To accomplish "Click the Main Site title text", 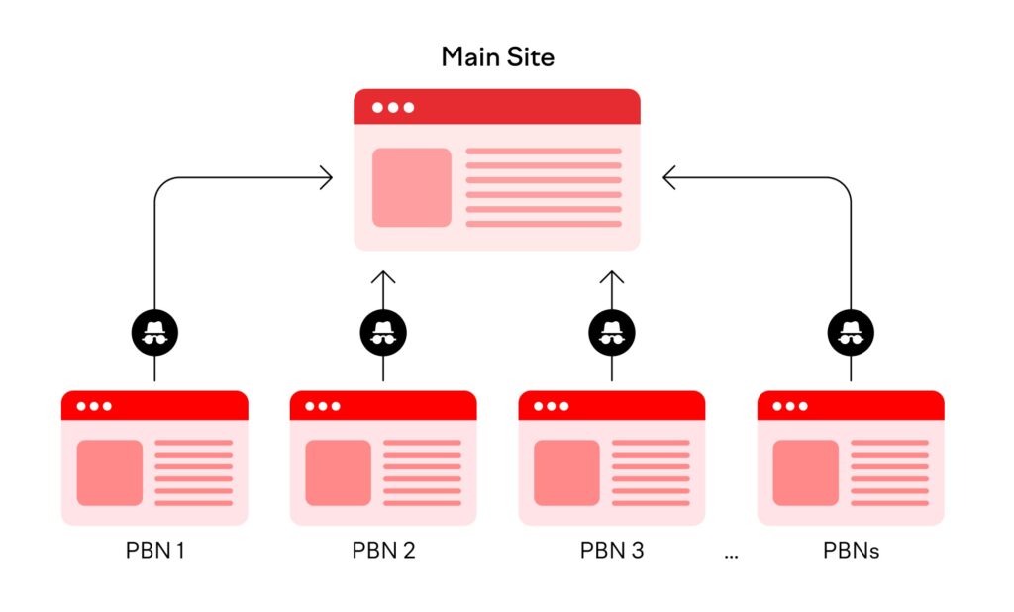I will (x=497, y=56).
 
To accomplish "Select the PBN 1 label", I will (x=154, y=550).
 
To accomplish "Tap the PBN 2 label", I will (x=383, y=550).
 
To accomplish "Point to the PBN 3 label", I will (x=612, y=550).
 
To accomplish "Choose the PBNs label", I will (x=851, y=550).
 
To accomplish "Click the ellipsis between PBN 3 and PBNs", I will (x=731, y=556).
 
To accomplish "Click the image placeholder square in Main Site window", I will (x=411, y=187).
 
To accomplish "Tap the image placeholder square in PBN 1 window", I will (x=109, y=472).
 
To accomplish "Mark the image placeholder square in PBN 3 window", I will (x=566, y=472).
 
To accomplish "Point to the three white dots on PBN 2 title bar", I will (x=323, y=406).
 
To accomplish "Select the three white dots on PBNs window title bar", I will (x=790, y=406).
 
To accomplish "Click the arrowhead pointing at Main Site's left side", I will (x=326, y=178).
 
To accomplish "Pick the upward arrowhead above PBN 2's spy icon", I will (x=383, y=274).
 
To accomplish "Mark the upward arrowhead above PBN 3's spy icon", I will (x=612, y=274).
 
